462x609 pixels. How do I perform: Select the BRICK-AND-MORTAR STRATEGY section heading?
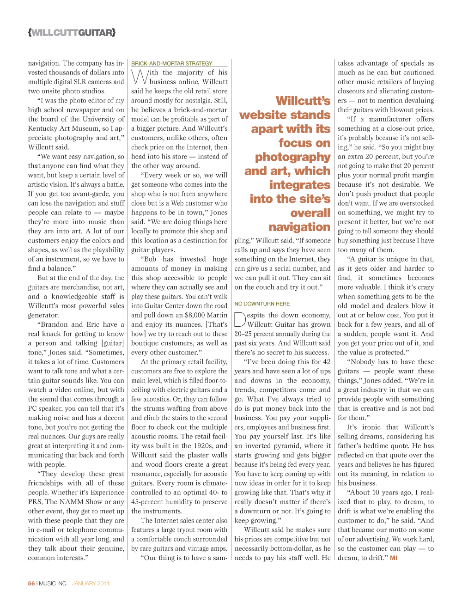(172, 64)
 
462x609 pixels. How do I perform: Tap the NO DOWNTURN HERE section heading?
(262, 304)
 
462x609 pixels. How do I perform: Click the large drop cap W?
(140, 77)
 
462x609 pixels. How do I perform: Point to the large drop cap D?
(240, 320)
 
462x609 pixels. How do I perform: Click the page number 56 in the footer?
(31, 584)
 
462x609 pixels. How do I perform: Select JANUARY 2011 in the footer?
(91, 584)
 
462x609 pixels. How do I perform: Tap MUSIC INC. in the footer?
(53, 584)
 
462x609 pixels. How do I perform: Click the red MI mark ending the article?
(394, 558)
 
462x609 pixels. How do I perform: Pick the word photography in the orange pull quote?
(292, 157)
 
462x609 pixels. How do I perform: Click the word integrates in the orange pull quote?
(300, 185)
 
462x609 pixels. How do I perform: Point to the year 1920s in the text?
(206, 446)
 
